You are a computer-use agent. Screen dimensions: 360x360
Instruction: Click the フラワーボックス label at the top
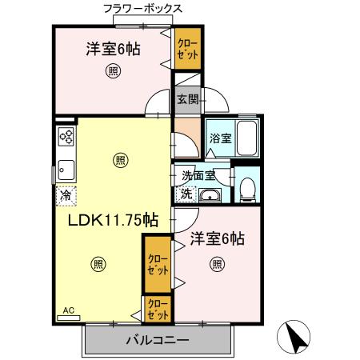coord(142,10)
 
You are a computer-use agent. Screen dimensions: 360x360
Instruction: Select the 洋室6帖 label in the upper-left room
coord(114,49)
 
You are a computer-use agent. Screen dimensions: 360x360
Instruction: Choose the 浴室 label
coord(219,138)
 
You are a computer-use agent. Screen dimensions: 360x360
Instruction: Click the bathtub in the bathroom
coord(248,138)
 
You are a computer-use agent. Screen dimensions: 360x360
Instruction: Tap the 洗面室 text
coord(198,176)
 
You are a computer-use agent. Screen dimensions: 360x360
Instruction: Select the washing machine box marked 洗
coord(186,193)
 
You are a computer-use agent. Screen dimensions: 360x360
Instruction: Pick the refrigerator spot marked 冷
coord(63,193)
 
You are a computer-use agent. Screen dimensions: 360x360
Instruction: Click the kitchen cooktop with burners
coord(65,137)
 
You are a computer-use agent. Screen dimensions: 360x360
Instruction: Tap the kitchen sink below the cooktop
coord(64,169)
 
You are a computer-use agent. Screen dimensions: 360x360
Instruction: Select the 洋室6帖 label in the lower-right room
coord(217,238)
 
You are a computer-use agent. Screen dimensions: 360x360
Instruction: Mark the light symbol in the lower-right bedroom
coord(217,264)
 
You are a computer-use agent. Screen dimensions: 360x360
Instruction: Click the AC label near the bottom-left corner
coord(68,310)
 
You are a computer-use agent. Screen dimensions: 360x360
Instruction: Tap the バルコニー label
coord(157,341)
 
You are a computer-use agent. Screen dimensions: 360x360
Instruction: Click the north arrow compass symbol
coord(297,337)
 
